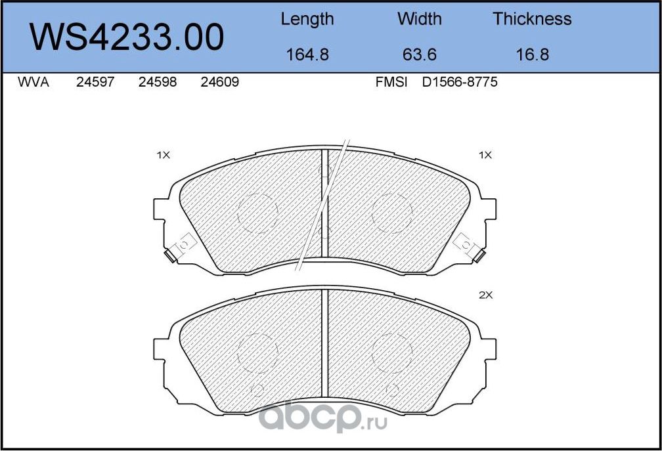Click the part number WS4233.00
pyautogui.click(x=128, y=38)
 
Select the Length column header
pyautogui.click(x=307, y=19)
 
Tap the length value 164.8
pyautogui.click(x=307, y=54)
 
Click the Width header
pyautogui.click(x=419, y=19)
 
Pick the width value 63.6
pyautogui.click(x=419, y=54)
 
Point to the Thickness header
pyautogui.click(x=532, y=19)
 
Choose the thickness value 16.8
pyautogui.click(x=532, y=54)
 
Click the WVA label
pyautogui.click(x=33, y=83)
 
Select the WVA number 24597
pyautogui.click(x=96, y=83)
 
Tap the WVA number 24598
pyautogui.click(x=158, y=83)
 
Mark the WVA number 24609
pyautogui.click(x=219, y=83)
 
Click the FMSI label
pyautogui.click(x=391, y=83)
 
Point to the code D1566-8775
pyautogui.click(x=460, y=83)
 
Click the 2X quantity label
pyautogui.click(x=485, y=295)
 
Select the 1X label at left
pyautogui.click(x=163, y=156)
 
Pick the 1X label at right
pyautogui.click(x=485, y=156)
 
